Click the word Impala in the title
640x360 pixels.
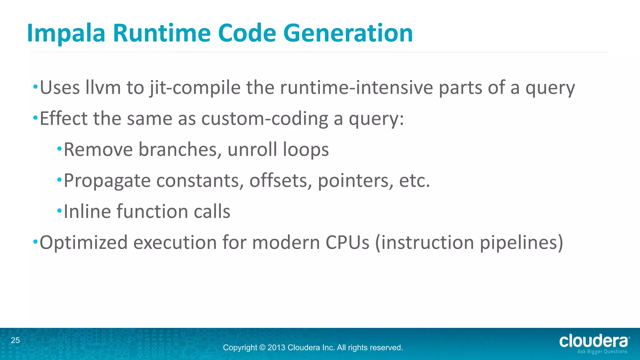(x=66, y=33)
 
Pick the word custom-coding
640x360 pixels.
(x=264, y=119)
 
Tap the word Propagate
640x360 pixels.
(x=107, y=181)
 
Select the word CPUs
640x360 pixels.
(x=347, y=242)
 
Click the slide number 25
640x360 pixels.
(x=15, y=340)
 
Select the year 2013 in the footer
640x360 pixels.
(x=276, y=347)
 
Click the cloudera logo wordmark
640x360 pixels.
(x=593, y=341)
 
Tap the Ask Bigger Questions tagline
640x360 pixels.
(x=602, y=352)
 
